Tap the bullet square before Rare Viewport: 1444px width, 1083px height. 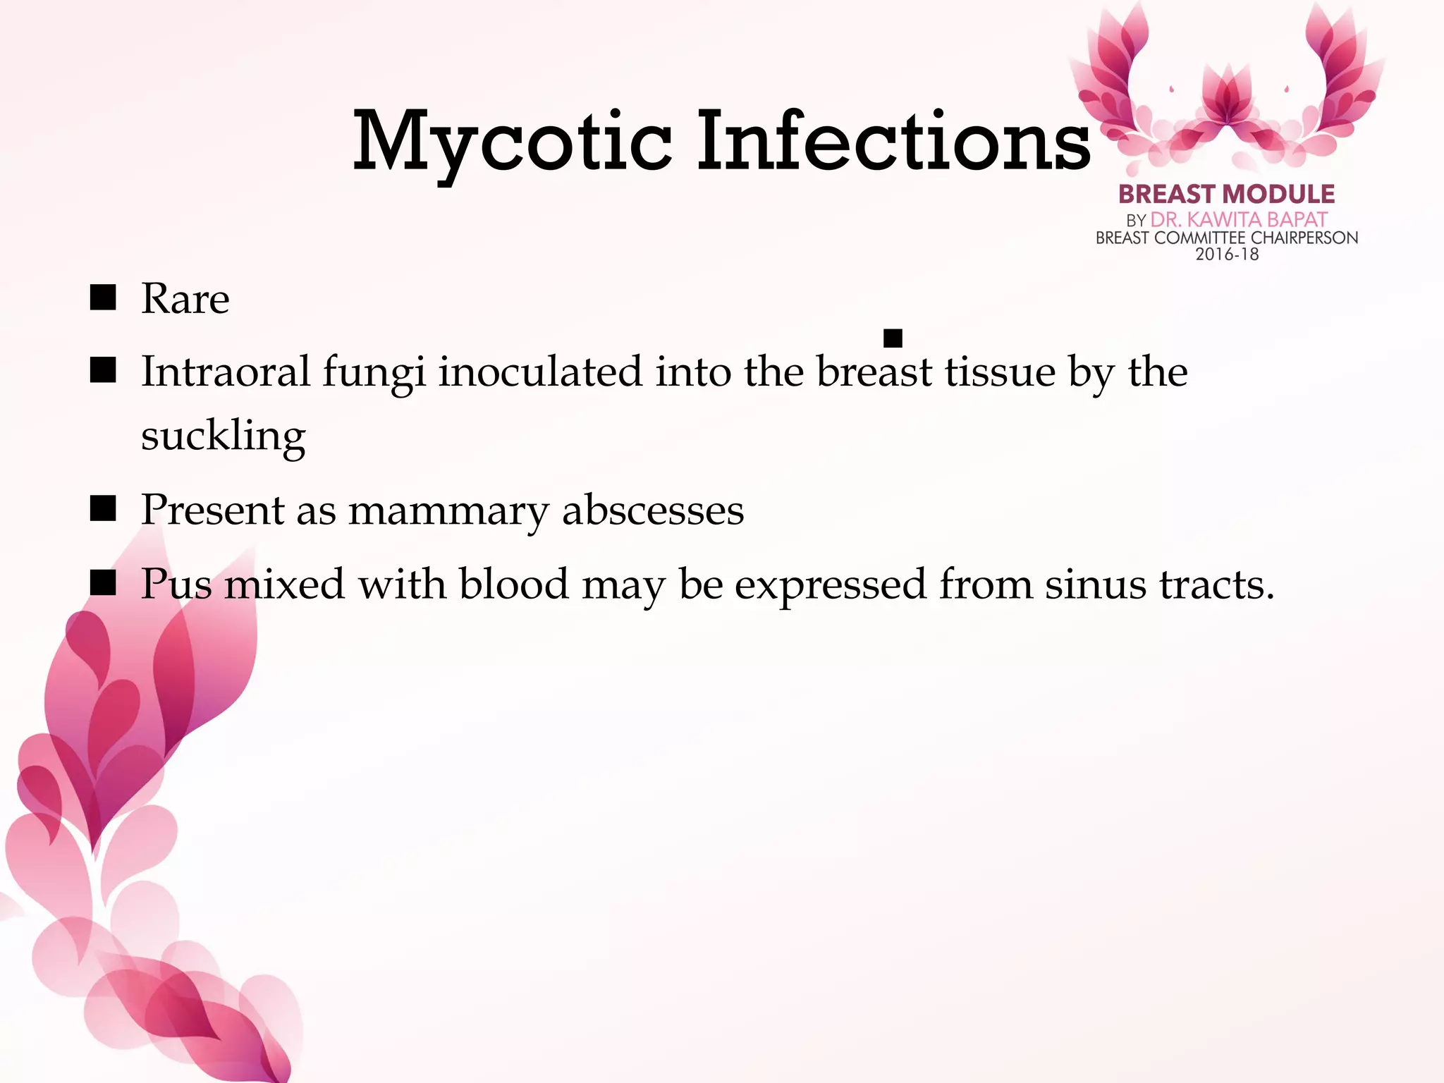[x=103, y=298]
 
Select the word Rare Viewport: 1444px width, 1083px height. [x=185, y=299]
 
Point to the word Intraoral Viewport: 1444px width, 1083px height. [x=226, y=372]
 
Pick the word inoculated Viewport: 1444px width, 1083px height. [x=540, y=372]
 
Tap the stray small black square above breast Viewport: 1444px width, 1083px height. [x=893, y=338]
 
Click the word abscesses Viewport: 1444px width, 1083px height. [x=653, y=510]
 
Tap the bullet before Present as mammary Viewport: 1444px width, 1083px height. [x=103, y=508]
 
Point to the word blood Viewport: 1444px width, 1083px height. [x=513, y=584]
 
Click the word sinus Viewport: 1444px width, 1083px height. [x=1095, y=585]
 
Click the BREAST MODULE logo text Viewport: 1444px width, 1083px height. [x=1226, y=194]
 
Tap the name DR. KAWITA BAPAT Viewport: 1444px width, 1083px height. [x=1239, y=220]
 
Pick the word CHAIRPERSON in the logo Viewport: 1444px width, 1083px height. [x=1304, y=238]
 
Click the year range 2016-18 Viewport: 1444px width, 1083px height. [x=1227, y=255]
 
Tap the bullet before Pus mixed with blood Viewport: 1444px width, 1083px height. [x=103, y=583]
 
